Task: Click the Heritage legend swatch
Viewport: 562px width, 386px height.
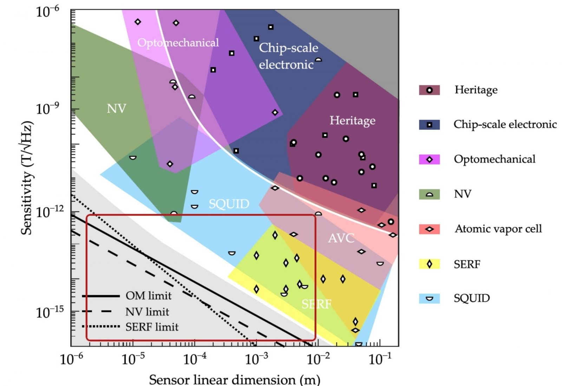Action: pos(429,90)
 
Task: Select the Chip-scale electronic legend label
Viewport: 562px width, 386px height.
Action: pos(505,124)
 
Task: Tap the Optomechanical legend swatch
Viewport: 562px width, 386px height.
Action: pos(429,159)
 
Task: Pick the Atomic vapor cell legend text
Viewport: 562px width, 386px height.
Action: pos(498,229)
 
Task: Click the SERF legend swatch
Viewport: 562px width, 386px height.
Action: pos(429,264)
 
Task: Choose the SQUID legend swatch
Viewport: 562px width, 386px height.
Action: pos(429,299)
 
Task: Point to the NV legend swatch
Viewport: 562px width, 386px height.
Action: pos(429,194)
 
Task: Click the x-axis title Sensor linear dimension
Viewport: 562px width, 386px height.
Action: pos(234,380)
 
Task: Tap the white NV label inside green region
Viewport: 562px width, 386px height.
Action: pos(116,109)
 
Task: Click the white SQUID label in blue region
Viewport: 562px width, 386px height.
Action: pos(229,204)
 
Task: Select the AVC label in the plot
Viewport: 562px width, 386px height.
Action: pos(341,238)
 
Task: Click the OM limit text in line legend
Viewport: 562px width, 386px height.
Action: pos(149,296)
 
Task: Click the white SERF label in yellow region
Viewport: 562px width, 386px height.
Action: pos(316,304)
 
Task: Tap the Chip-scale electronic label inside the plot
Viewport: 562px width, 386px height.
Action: pos(288,56)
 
